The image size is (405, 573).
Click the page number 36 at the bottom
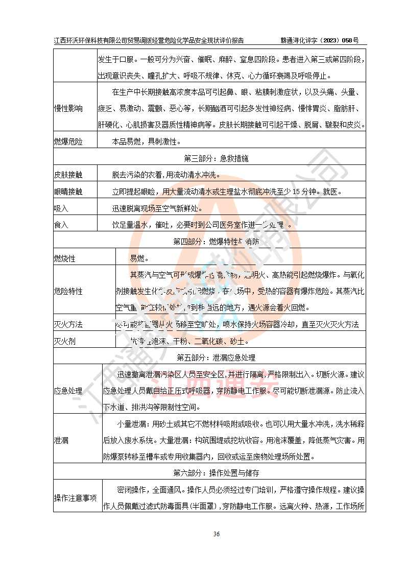coord(216,534)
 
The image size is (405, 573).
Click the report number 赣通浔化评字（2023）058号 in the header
coord(320,40)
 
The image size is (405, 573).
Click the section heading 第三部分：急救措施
coord(210,158)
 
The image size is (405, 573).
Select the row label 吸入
coord(61,208)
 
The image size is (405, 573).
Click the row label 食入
coord(61,224)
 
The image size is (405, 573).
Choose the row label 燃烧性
coord(64,258)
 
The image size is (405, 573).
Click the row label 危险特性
coord(68,291)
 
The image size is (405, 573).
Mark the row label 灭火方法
coord(68,324)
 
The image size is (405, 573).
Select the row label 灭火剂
coord(64,341)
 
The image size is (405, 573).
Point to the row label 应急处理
coord(68,391)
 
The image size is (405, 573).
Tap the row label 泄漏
coord(61,440)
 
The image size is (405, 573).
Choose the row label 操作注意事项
coord(75,498)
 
